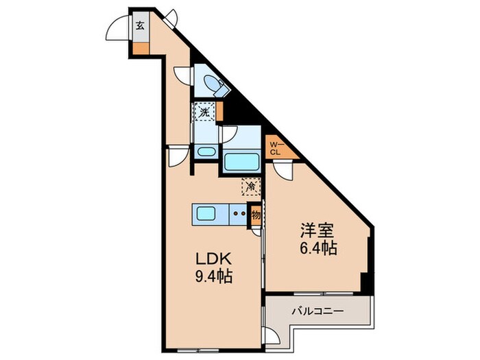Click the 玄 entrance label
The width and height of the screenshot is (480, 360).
tap(140, 27)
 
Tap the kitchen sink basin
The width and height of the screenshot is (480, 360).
tap(206, 213)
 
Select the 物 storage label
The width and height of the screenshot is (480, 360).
tap(255, 214)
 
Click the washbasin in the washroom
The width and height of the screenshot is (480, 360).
tap(205, 151)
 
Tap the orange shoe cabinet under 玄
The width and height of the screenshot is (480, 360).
tap(140, 49)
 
